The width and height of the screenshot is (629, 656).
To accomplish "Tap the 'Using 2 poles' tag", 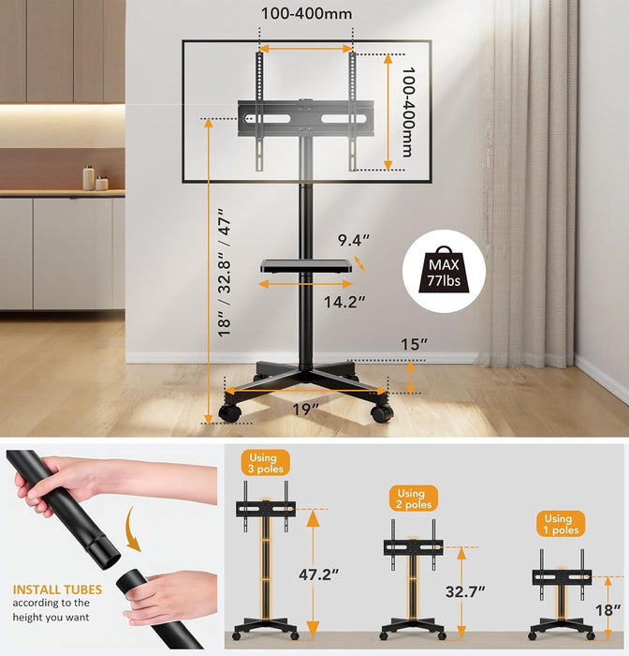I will [x=411, y=499].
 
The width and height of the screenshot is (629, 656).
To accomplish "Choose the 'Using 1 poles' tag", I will [x=558, y=524].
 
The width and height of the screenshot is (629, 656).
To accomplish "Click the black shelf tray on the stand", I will [x=310, y=267].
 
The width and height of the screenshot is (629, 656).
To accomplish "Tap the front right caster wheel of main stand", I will [x=381, y=412].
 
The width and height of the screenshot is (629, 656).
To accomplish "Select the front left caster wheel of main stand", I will [x=228, y=411].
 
